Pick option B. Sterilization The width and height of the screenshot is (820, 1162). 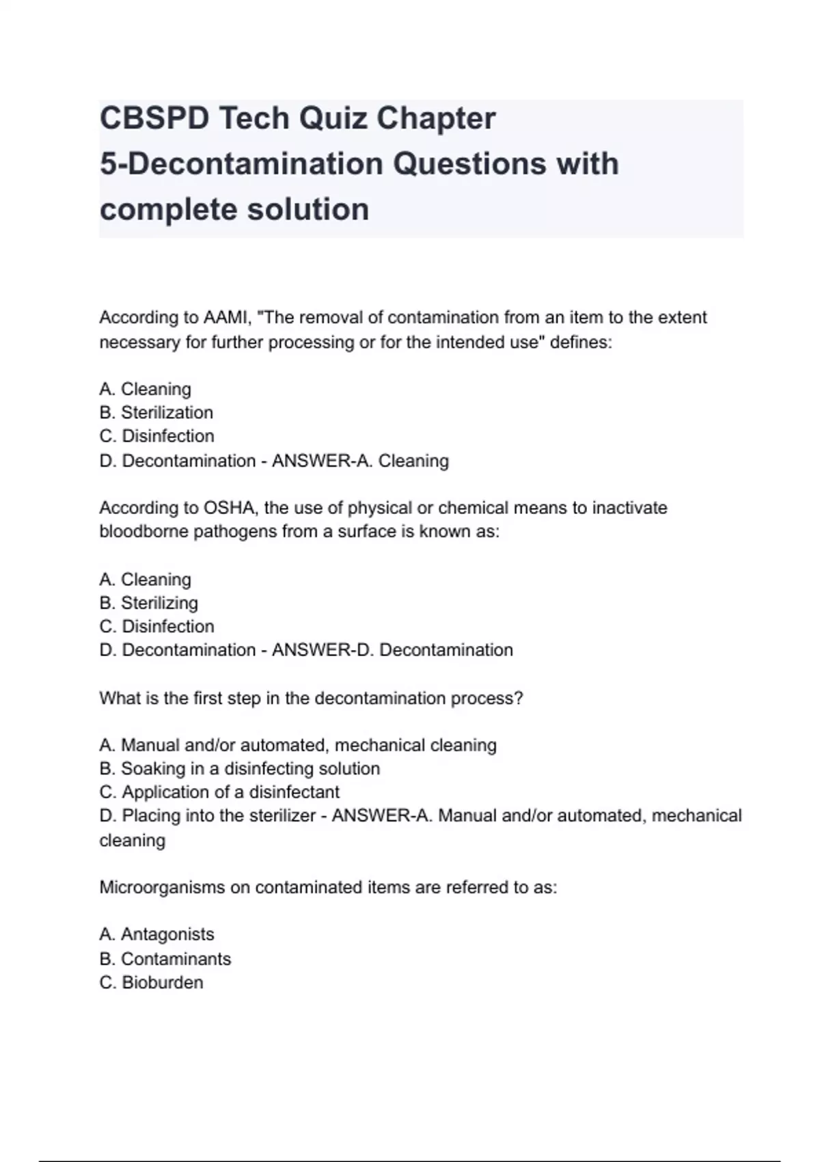(x=156, y=412)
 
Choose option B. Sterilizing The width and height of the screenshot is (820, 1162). (x=148, y=603)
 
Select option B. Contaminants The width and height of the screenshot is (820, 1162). (x=165, y=959)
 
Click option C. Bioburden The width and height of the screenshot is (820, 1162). (x=151, y=982)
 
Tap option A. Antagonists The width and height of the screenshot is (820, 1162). (x=156, y=934)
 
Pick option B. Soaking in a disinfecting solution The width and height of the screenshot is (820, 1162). (x=239, y=768)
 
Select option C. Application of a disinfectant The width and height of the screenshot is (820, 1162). (x=219, y=792)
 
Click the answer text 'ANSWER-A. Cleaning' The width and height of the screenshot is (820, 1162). (x=360, y=461)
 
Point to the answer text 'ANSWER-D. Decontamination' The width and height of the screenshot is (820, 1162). (x=392, y=650)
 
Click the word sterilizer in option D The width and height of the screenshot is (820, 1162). (x=281, y=815)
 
